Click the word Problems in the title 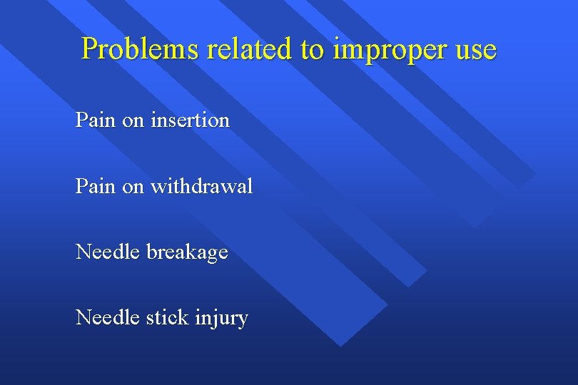pyautogui.click(x=141, y=49)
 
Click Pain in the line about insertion pyautogui.click(x=96, y=120)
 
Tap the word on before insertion pyautogui.click(x=133, y=120)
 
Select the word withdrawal pyautogui.click(x=201, y=187)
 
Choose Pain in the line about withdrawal pyautogui.click(x=96, y=187)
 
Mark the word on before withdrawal pyautogui.click(x=133, y=187)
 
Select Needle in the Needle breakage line pyautogui.click(x=108, y=252)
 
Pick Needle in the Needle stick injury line pyautogui.click(x=108, y=317)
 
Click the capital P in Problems pyautogui.click(x=89, y=49)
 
